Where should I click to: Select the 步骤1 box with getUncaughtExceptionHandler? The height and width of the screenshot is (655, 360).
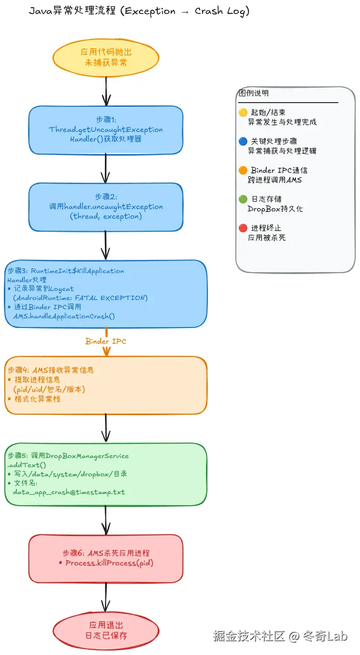[105, 130]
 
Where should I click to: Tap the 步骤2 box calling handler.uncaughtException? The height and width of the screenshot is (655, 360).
[105, 207]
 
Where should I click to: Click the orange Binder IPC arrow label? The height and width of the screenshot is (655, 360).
[105, 341]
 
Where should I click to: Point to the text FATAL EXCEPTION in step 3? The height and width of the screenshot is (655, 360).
[123, 298]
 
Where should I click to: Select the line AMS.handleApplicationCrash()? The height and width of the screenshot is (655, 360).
[64, 316]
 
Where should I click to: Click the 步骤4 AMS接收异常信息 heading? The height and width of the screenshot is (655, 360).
[51, 370]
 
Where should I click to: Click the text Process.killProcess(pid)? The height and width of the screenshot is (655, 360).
[109, 563]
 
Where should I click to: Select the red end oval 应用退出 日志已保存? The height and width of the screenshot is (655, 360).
[105, 630]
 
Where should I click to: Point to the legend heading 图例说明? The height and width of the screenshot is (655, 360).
[254, 93]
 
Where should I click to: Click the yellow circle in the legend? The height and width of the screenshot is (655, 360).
[243, 113]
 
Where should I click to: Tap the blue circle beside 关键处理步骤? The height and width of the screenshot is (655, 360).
[243, 142]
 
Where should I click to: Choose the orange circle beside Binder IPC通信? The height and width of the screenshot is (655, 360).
[243, 170]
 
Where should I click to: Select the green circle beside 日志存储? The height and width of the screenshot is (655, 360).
[243, 199]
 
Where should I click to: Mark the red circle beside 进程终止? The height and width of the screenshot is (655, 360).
[243, 228]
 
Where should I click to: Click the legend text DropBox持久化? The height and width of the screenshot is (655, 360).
[275, 209]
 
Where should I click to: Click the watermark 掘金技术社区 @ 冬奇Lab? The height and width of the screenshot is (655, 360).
[280, 636]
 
